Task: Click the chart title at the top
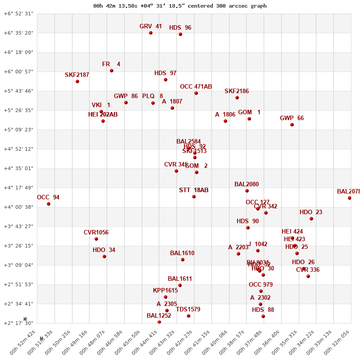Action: [x=180, y=6]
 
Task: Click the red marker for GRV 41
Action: [x=151, y=33]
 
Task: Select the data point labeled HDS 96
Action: [x=180, y=34]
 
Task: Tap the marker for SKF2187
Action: [x=77, y=81]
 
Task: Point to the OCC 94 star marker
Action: [x=49, y=204]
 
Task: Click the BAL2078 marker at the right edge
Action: [x=350, y=198]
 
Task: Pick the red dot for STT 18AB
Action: [x=194, y=197]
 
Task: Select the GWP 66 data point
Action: [x=292, y=125]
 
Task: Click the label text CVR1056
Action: [x=96, y=233]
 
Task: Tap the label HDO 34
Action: [x=104, y=250]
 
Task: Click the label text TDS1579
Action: [x=188, y=310]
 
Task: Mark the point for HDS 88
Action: [x=263, y=316]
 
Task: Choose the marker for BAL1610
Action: [x=183, y=260]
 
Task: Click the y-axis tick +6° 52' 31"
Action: [x=18, y=13]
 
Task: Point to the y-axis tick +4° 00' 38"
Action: [x=18, y=207]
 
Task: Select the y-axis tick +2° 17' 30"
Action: [x=18, y=323]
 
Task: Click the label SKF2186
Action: [x=237, y=91]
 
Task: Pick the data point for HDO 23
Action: [x=311, y=219]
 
